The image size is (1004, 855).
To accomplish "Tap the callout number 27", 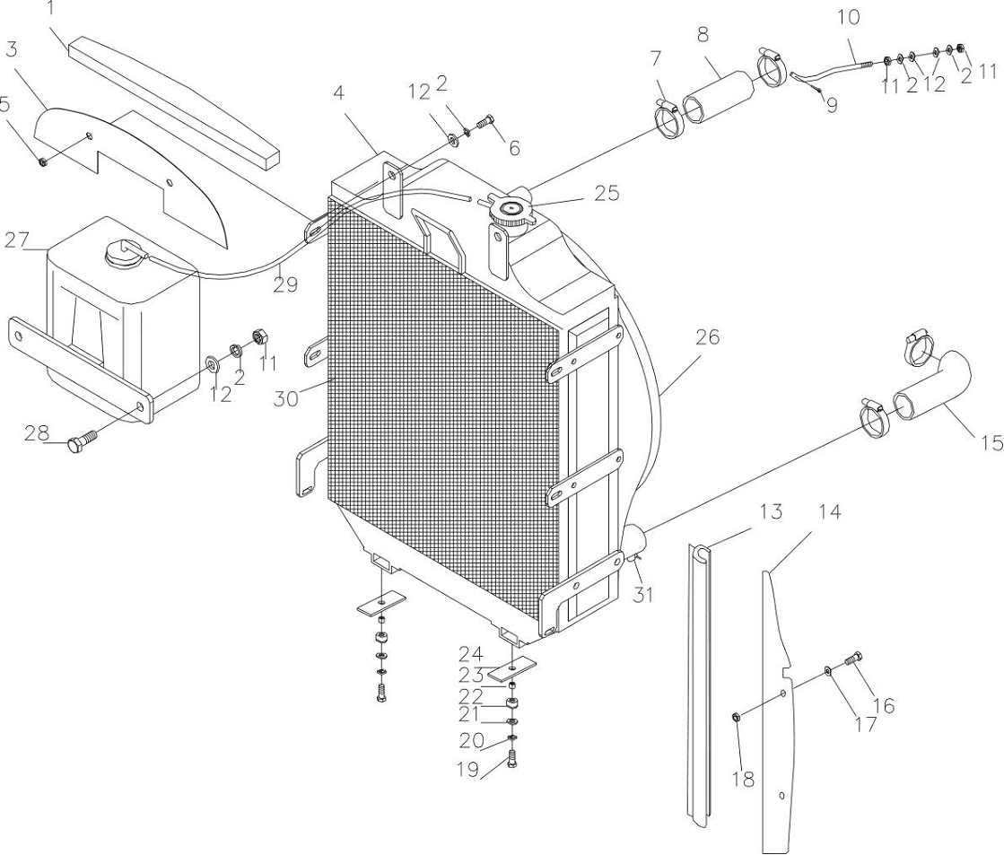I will tap(17, 240).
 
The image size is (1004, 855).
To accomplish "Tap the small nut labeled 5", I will tap(42, 161).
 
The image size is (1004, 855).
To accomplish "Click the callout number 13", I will tap(771, 512).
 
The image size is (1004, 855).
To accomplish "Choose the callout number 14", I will tap(830, 512).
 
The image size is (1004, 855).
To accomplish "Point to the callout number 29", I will tap(286, 284).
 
